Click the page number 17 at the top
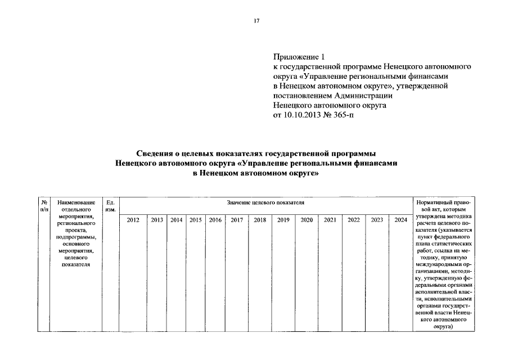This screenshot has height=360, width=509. click(256, 21)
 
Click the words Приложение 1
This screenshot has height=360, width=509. click(299, 57)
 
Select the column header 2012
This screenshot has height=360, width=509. click(133, 220)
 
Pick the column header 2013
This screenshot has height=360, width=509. click(157, 220)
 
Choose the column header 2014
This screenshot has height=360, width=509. click(177, 220)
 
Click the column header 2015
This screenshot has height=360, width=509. click(196, 220)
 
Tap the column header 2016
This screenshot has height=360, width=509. click(215, 220)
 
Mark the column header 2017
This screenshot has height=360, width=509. click(236, 220)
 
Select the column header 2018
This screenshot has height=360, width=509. click(260, 220)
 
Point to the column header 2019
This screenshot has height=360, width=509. click(283, 220)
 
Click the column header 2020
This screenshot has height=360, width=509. click(307, 220)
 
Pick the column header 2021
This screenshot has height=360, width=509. click(330, 220)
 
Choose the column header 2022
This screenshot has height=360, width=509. click(353, 220)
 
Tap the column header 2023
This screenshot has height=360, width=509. click(377, 220)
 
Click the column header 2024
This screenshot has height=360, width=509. click(400, 220)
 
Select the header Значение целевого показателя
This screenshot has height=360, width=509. click(265, 202)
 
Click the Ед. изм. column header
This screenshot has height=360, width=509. click(110, 205)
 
